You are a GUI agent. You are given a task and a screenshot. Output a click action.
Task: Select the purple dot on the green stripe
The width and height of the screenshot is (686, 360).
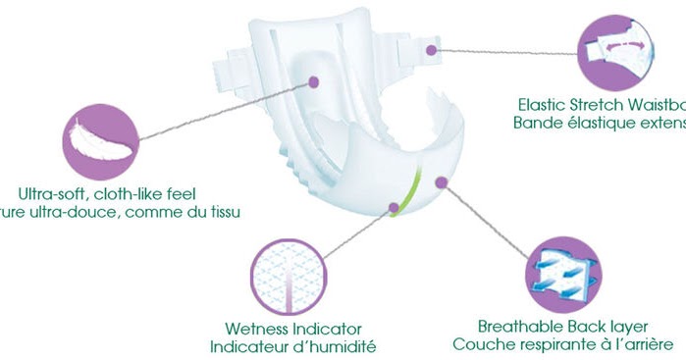tap(393, 208)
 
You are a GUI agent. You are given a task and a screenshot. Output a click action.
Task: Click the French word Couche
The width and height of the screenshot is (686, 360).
tap(478, 344)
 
